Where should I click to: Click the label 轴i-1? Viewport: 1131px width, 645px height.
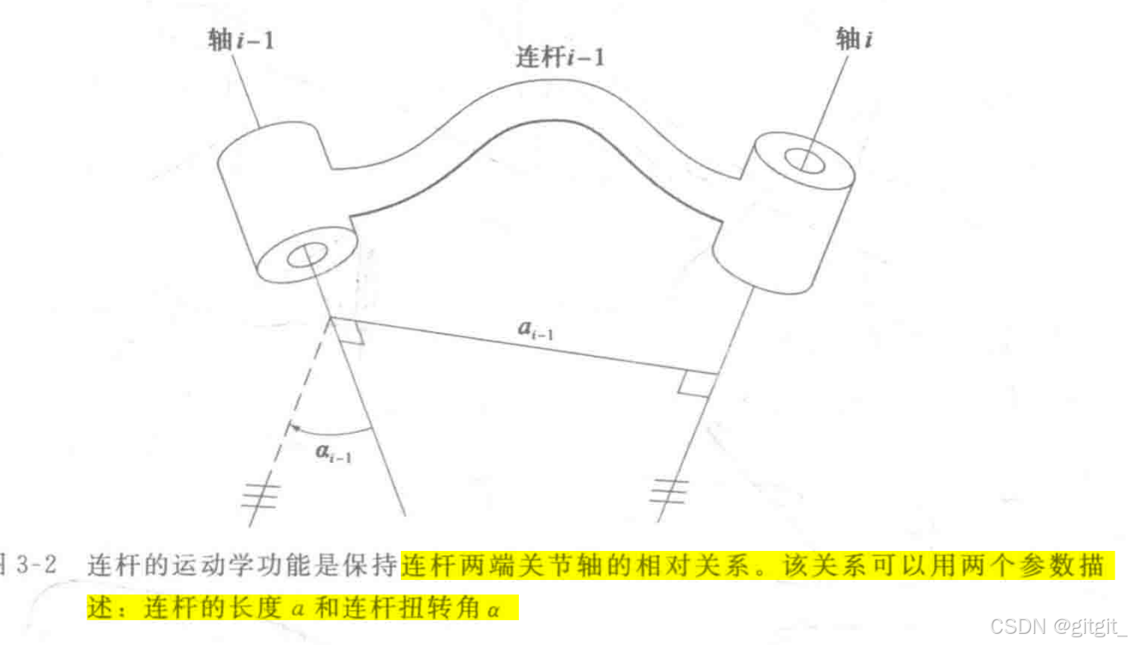click(242, 39)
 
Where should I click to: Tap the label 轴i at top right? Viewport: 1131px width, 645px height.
click(854, 39)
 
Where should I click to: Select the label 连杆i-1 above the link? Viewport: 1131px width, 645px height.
click(560, 58)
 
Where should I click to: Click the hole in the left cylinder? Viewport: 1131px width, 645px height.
click(309, 254)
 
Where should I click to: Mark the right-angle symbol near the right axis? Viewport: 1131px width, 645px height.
click(692, 384)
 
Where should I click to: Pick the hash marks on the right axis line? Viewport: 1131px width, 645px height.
click(669, 490)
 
